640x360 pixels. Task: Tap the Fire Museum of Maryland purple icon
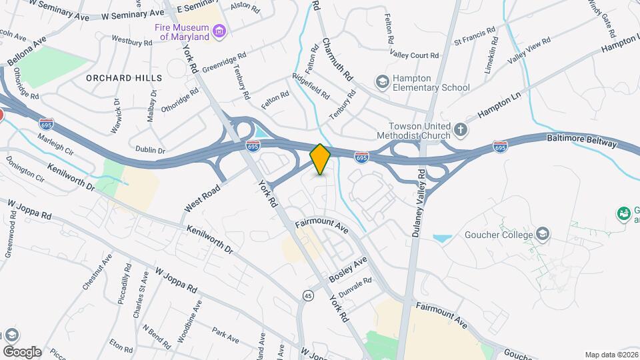(218, 31)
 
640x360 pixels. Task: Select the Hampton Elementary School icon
(382, 81)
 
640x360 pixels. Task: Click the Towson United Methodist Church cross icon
(459, 128)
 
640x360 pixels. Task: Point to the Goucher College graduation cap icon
(543, 234)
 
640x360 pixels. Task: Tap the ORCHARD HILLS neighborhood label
(124, 78)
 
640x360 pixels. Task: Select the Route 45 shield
(307, 295)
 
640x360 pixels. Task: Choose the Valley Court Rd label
(413, 56)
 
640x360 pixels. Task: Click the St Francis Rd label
(475, 37)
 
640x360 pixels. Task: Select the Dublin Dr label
(149, 151)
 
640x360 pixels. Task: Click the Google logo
(22, 351)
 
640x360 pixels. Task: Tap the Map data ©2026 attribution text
(610, 355)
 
